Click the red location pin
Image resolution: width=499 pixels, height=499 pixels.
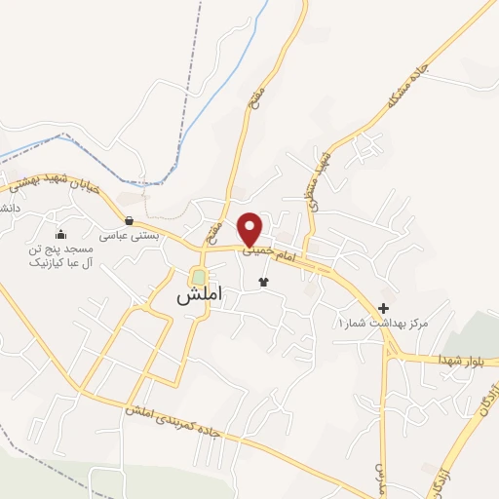point(250,228)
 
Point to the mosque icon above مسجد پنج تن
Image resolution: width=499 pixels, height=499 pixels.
point(60,234)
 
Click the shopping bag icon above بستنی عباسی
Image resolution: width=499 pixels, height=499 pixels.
point(130,221)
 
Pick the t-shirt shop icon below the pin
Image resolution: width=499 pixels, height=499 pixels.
point(262,282)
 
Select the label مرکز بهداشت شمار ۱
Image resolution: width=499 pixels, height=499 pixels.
point(384,323)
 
